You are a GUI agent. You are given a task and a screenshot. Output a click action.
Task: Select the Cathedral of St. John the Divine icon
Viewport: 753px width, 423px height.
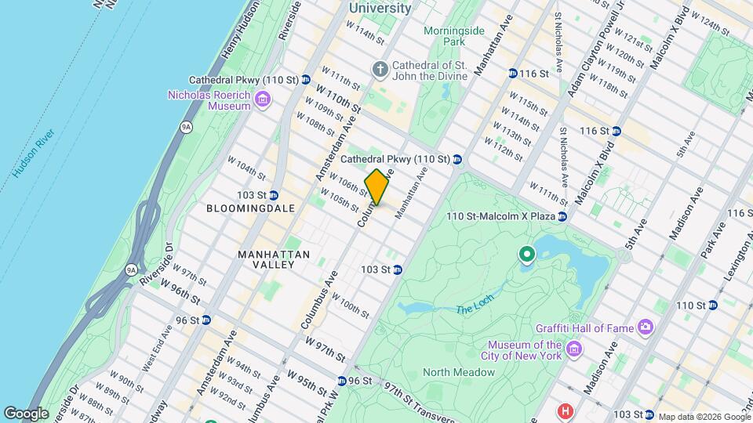tap(380, 70)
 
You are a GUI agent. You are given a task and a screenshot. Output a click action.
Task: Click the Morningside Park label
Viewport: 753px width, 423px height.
tap(445, 35)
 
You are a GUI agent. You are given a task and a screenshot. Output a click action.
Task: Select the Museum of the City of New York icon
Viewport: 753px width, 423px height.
tap(574, 347)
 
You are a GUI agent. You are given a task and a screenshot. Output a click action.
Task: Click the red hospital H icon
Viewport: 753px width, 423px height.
tap(563, 411)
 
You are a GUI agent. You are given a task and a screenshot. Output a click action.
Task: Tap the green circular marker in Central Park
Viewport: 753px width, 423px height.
tap(527, 255)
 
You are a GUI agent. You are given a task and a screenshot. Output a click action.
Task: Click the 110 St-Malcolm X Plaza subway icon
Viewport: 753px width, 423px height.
tap(562, 216)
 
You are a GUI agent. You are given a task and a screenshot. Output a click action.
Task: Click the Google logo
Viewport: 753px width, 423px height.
tap(27, 413)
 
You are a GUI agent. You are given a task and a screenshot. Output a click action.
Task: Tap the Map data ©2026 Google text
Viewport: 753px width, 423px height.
tap(704, 417)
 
